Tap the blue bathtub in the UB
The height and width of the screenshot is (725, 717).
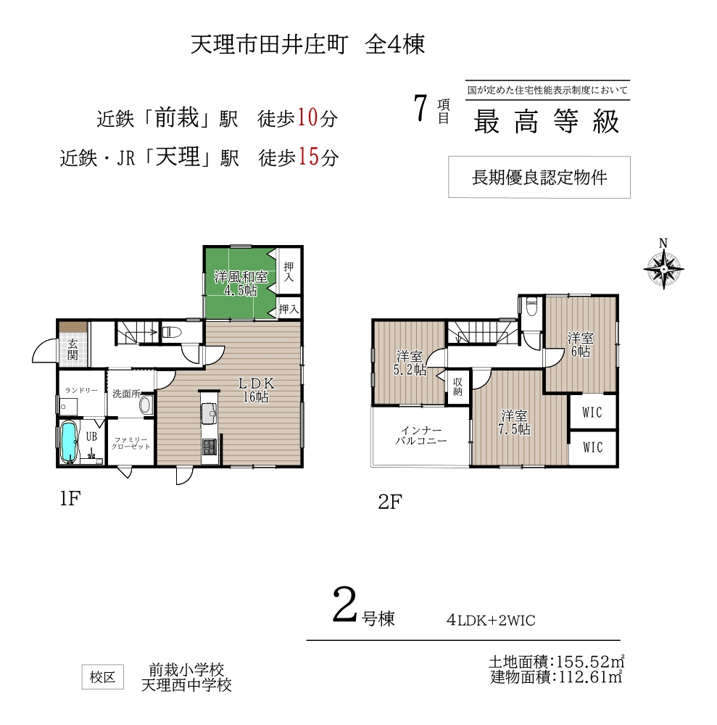(x=68, y=441)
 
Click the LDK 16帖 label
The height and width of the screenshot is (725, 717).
(x=256, y=390)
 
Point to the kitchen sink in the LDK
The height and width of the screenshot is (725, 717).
(x=209, y=413)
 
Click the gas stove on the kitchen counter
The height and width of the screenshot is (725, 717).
(x=209, y=447)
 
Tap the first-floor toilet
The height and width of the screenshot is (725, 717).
(x=170, y=332)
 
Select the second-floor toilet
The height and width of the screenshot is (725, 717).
(x=532, y=307)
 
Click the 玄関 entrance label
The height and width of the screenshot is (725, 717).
(x=72, y=349)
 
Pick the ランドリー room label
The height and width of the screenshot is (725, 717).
(x=81, y=390)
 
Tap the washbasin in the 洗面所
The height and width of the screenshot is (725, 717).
(x=145, y=405)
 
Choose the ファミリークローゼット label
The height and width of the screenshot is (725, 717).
(x=130, y=443)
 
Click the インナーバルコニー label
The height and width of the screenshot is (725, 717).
(x=420, y=436)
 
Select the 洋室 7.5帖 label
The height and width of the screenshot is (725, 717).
(x=514, y=423)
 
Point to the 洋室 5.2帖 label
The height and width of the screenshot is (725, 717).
(x=410, y=363)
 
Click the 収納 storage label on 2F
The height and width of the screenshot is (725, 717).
(x=457, y=387)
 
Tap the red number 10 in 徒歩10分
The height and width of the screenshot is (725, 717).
(x=307, y=117)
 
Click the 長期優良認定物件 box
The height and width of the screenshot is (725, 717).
(x=539, y=177)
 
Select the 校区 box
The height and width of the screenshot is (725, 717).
(x=103, y=677)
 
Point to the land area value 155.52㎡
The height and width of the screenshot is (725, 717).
(x=590, y=661)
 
